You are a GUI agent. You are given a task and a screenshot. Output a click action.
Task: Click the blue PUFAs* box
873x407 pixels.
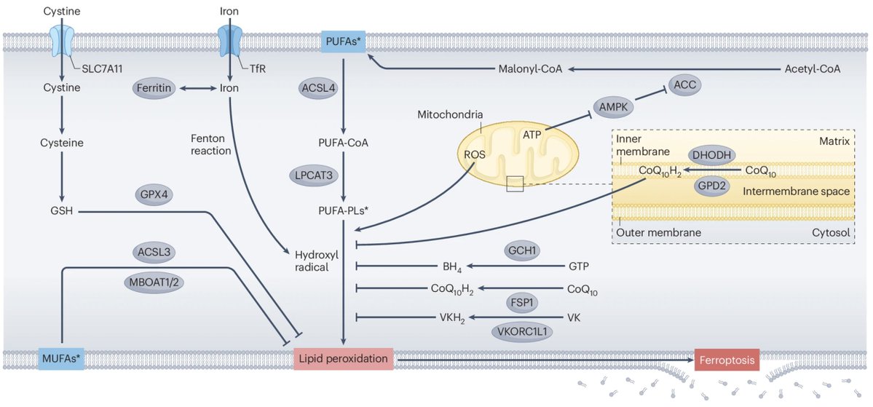pyautogui.click(x=343, y=42)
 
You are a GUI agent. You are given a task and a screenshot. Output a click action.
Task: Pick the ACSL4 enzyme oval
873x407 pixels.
pyautogui.click(x=319, y=88)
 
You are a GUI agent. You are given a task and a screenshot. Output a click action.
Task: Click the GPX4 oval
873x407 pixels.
pyautogui.click(x=155, y=195)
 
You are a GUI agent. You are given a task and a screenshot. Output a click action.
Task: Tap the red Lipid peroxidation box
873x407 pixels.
pyautogui.click(x=344, y=359)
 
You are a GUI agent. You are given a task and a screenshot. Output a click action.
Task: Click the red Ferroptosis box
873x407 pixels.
pyautogui.click(x=726, y=360)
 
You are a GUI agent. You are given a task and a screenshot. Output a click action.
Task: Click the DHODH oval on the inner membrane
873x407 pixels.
pyautogui.click(x=711, y=155)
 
